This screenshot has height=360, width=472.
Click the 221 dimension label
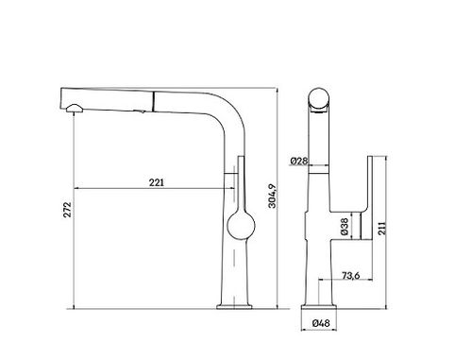point(157,182)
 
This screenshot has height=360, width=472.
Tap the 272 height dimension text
point(68,210)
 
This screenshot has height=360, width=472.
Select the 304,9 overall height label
point(272,196)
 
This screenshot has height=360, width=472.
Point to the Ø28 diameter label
point(298,161)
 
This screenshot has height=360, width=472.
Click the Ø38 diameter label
point(345,227)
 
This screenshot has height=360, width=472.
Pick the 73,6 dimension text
point(350,276)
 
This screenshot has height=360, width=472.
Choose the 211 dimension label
point(381,228)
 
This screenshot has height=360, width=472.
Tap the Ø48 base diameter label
point(321,323)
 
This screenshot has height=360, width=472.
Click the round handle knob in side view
point(241,226)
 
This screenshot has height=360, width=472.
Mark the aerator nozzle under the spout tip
point(75,109)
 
